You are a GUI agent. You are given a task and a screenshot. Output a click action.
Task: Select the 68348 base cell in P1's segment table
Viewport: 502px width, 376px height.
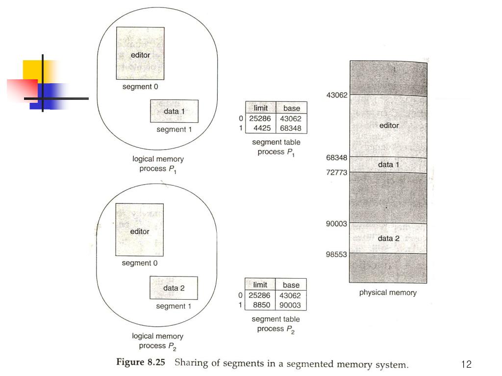click(x=291, y=128)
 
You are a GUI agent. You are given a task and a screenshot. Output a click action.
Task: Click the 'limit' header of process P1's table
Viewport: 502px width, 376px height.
click(x=261, y=108)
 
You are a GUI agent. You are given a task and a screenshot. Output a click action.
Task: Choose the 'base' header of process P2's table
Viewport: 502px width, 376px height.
click(x=291, y=284)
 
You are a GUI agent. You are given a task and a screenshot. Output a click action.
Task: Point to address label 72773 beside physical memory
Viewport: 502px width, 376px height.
click(x=337, y=172)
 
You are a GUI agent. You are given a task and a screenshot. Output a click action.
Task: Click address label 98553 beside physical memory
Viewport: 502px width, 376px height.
click(x=337, y=254)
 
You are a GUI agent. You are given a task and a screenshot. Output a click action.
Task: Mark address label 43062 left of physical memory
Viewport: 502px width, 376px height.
click(x=337, y=95)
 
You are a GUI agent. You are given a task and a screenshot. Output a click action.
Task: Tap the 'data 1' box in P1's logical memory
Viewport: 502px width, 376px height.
click(x=175, y=111)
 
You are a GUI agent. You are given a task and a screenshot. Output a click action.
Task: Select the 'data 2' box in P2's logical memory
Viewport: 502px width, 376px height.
click(x=174, y=288)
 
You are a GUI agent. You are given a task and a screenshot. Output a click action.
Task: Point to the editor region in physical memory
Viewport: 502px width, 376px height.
click(x=389, y=126)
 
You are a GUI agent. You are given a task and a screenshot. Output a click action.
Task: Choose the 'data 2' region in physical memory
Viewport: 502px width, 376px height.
click(x=389, y=238)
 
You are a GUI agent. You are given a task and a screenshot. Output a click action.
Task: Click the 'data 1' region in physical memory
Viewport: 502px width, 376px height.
click(x=389, y=164)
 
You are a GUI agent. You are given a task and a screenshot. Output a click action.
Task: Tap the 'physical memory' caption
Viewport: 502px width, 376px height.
click(x=388, y=293)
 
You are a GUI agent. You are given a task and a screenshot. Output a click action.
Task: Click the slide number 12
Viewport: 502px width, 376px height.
click(x=466, y=364)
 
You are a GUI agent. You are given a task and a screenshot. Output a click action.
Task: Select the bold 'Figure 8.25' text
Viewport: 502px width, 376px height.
click(x=141, y=364)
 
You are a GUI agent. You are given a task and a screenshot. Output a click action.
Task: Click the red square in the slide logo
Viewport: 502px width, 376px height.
click(x=23, y=90)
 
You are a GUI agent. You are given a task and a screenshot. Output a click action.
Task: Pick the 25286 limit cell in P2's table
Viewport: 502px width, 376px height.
click(x=260, y=295)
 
